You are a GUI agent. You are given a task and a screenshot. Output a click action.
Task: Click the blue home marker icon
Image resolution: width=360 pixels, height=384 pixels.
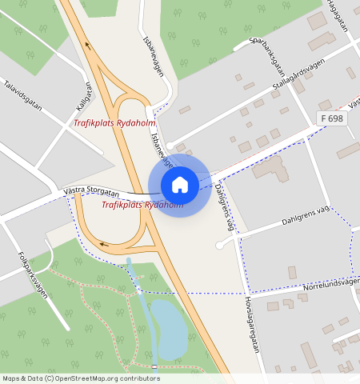180,185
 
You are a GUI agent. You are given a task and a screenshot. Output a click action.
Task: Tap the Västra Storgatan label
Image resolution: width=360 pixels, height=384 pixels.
90,192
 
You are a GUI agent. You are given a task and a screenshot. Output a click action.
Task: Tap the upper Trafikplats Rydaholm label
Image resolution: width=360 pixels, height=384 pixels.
114,123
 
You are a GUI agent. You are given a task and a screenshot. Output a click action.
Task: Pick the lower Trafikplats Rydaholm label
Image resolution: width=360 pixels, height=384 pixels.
142,205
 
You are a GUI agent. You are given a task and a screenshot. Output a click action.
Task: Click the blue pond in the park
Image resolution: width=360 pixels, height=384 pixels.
169,329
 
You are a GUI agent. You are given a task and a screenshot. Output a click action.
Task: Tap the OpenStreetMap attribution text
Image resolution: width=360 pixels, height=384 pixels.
80,378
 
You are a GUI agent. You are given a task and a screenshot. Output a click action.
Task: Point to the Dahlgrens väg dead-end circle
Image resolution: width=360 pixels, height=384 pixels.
218,245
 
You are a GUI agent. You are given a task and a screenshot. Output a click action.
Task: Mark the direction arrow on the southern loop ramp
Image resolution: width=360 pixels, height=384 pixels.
102,244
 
